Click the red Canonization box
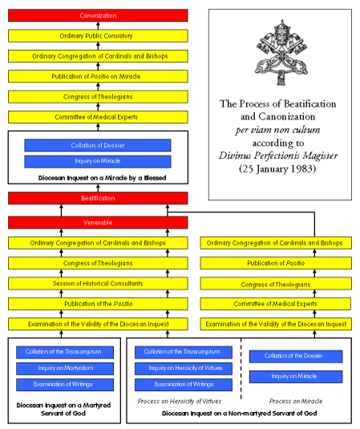tap(98, 15)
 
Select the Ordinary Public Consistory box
tap(98, 35)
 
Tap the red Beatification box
tap(98, 197)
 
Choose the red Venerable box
tap(98, 222)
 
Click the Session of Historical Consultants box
tap(98, 283)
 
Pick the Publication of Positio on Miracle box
tap(98, 76)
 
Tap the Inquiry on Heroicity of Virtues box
tap(184, 368)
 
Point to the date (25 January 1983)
tap(277, 169)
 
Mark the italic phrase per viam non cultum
tap(277, 130)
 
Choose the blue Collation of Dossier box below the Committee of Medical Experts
tap(98, 145)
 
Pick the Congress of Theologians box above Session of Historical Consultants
tap(98, 263)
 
